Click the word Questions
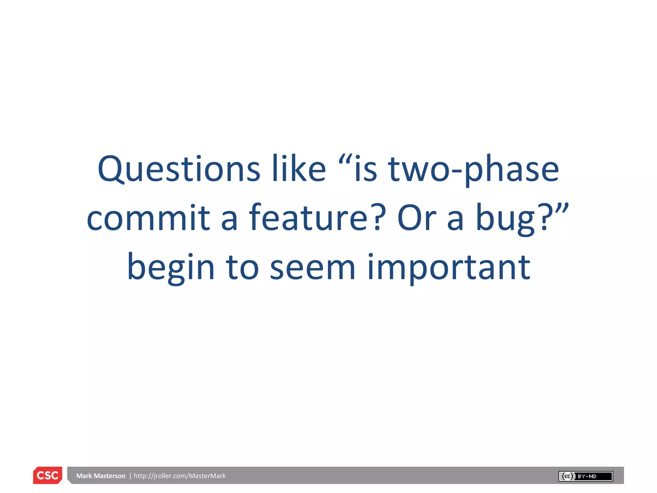pyautogui.click(x=179, y=169)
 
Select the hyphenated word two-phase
pyautogui.click(x=474, y=169)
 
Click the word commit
pyautogui.click(x=148, y=218)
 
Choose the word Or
pyautogui.click(x=416, y=218)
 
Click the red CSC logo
pyautogui.click(x=47, y=475)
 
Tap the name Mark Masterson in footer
pyautogui.click(x=101, y=476)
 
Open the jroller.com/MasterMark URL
pyautogui.click(x=180, y=476)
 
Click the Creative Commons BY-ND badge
pyautogui.click(x=585, y=476)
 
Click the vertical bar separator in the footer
pyautogui.click(x=130, y=476)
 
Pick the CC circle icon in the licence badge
pyautogui.click(x=567, y=476)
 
